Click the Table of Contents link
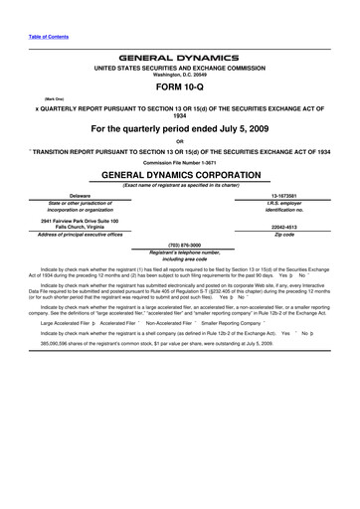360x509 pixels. pos(47,37)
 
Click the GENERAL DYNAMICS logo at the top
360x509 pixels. pos(180,59)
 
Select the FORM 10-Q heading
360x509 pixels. pos(180,85)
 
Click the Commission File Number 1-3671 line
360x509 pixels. pos(180,161)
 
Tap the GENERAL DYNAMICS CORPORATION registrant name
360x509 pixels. pos(180,173)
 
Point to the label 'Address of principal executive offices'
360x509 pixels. pos(67,233)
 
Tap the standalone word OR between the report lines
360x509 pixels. pos(180,140)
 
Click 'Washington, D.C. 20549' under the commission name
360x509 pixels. pos(180,75)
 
